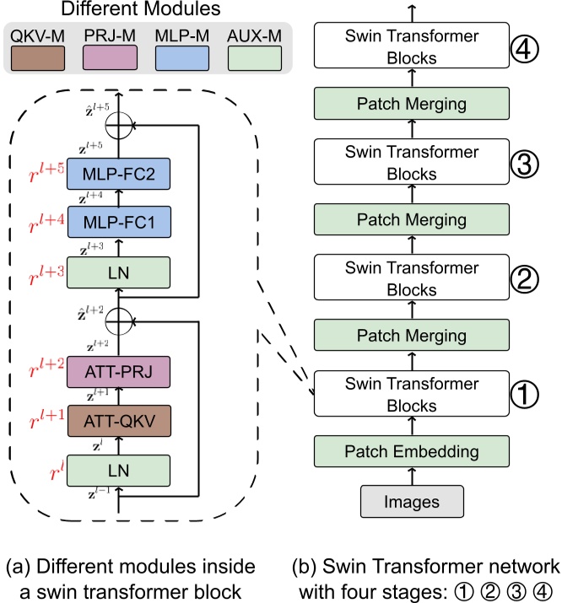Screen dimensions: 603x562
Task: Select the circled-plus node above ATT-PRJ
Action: coord(118,320)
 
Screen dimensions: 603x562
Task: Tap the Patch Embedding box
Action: coord(412,451)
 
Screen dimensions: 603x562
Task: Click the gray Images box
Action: coord(412,501)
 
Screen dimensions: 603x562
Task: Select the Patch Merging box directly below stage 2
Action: coord(412,335)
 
